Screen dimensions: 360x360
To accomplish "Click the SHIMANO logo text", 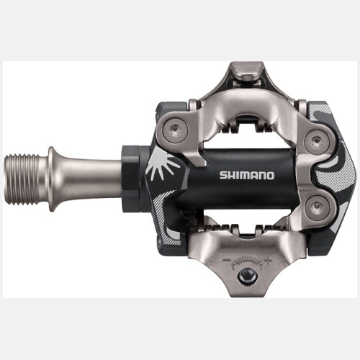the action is point(247,175).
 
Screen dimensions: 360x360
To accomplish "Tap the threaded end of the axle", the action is point(21,179).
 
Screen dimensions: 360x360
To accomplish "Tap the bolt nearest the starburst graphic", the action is point(174,130).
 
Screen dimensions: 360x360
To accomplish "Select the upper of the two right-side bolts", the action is point(315,140).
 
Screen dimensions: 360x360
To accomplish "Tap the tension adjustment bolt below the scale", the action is point(248,276).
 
